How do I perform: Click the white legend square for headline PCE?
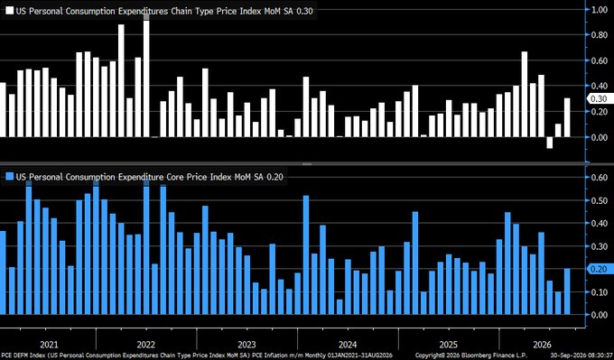coord(9,11)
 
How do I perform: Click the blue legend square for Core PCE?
coord(9,177)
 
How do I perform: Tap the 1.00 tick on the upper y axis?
coord(599,10)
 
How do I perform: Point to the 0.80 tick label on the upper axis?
coord(599,35)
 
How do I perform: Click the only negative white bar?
coord(550,143)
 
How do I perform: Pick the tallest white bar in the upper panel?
coord(146,76)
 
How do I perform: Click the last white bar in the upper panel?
coord(567,117)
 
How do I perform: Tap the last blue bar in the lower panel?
coord(567,291)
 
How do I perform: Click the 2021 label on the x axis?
coord(49,345)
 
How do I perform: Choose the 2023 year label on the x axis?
coord(247,345)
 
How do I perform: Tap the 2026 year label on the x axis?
coord(543,345)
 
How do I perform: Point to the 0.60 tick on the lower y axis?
coord(599,177)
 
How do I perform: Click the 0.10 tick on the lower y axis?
coord(599,292)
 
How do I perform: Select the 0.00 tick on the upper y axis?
coord(599,137)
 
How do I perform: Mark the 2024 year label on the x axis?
coord(348,345)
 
